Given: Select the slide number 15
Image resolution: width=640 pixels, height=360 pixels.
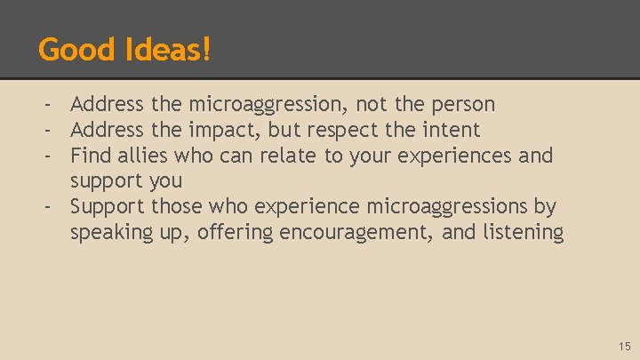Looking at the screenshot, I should (623, 346).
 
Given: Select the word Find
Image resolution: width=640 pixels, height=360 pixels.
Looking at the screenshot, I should (90, 156).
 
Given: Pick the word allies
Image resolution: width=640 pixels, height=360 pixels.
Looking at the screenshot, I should (142, 156).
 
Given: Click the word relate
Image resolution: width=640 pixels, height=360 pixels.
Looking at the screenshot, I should (288, 156).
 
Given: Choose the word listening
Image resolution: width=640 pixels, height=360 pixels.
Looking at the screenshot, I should (521, 233).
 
